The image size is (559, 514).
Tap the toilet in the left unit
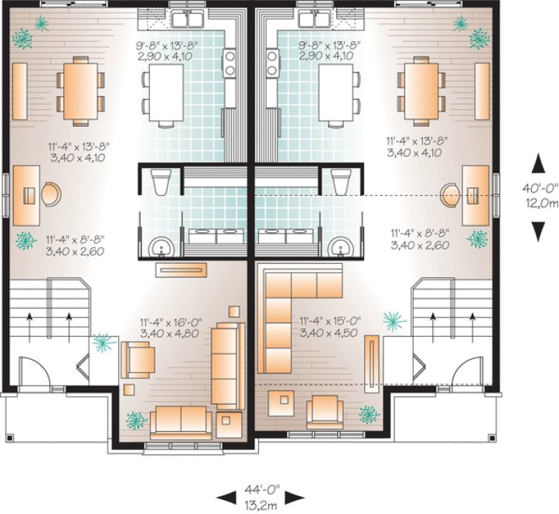click(161, 183)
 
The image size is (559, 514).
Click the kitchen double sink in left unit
click(188, 18)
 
